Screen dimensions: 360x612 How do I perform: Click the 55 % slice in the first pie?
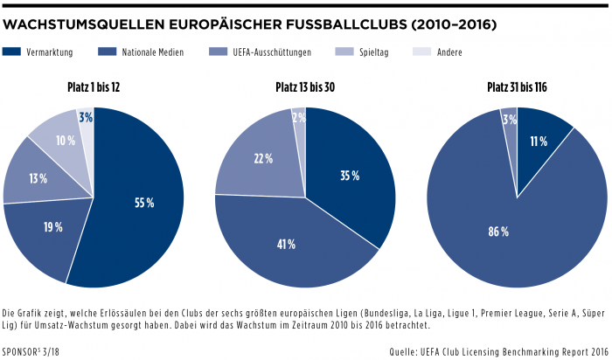click(x=144, y=202)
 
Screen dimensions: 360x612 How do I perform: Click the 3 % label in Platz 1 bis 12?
click(x=85, y=117)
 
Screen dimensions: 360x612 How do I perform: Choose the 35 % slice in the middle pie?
click(x=350, y=176)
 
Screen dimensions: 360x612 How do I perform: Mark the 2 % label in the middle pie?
click(x=298, y=117)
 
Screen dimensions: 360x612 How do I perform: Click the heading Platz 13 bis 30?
click(x=305, y=87)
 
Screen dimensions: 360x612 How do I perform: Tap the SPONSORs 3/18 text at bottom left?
click(x=31, y=352)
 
